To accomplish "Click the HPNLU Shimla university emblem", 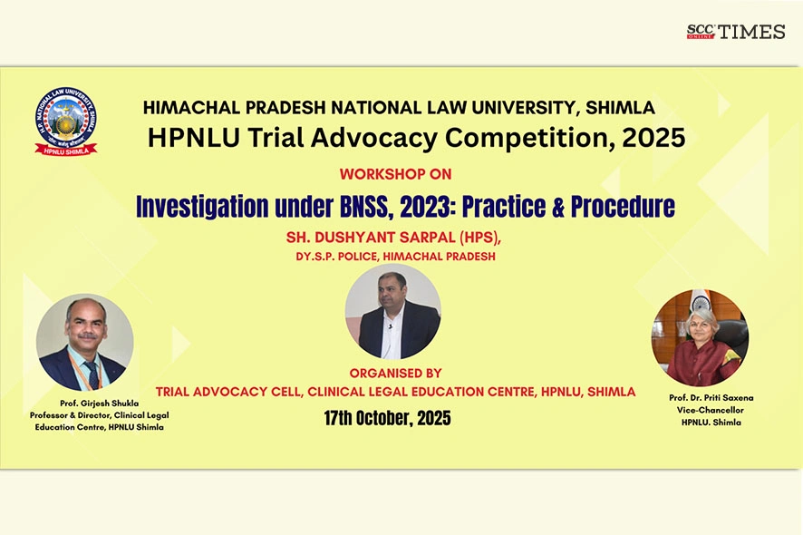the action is (x=65, y=122).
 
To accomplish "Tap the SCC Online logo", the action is (x=701, y=32).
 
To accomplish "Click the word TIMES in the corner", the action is (x=751, y=32).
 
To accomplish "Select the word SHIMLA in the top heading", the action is (x=620, y=108).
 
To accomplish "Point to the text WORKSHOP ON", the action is (x=395, y=174).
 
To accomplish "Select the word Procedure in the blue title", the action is (x=623, y=207).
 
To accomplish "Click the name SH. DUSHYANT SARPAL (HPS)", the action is (x=393, y=238).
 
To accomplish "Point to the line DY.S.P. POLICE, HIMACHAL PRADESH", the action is (x=395, y=257).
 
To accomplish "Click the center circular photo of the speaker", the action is (x=392, y=312).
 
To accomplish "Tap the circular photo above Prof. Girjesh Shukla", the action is (x=85, y=343).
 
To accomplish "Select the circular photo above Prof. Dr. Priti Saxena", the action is (x=700, y=337).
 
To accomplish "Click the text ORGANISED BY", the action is (x=395, y=373).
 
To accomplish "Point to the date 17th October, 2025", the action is (x=388, y=418).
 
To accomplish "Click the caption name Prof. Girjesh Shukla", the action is (x=100, y=404).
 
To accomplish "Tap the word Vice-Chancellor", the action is (x=711, y=410).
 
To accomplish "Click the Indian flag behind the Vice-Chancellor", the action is (x=700, y=301).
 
